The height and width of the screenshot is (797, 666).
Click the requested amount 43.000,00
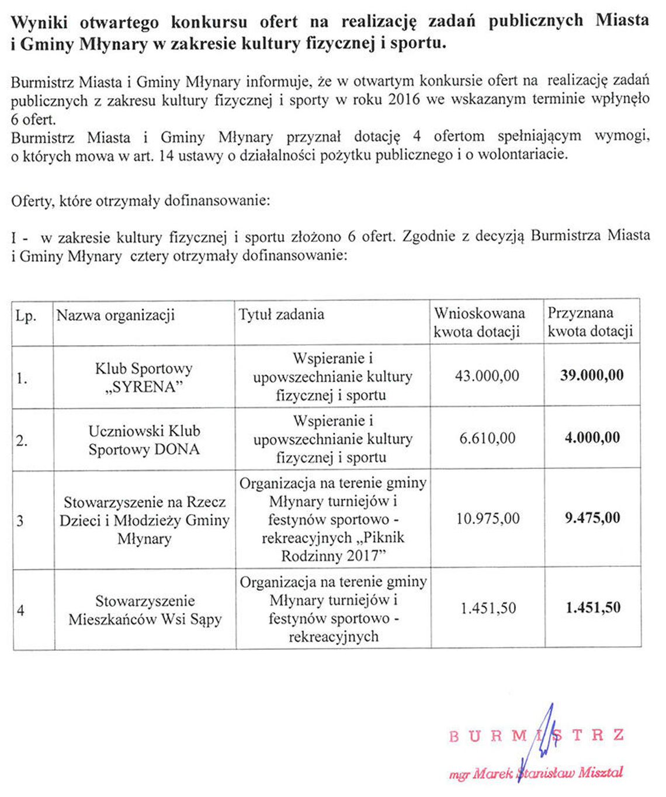[487, 376]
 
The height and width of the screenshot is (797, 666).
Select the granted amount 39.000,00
[592, 375]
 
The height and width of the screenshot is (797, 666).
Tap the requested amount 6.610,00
[487, 438]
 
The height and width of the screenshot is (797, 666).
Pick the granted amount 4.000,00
[592, 438]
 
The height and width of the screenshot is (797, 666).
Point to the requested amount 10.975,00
[488, 518]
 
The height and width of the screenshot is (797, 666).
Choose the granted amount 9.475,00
[592, 518]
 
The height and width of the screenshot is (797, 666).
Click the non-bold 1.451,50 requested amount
[488, 608]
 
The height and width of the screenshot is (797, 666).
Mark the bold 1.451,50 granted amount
[592, 608]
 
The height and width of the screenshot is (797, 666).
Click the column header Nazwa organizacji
[116, 316]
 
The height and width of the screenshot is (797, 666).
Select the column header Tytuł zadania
[281, 314]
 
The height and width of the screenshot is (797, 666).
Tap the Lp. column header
[26, 316]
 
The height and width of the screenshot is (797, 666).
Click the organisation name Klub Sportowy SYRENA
[144, 377]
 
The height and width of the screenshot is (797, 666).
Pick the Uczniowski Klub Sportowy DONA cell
[144, 440]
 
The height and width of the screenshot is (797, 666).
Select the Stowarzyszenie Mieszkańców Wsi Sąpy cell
[145, 610]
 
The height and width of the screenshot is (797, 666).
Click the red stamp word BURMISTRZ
[536, 735]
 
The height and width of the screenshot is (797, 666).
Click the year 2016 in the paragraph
[403, 100]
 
